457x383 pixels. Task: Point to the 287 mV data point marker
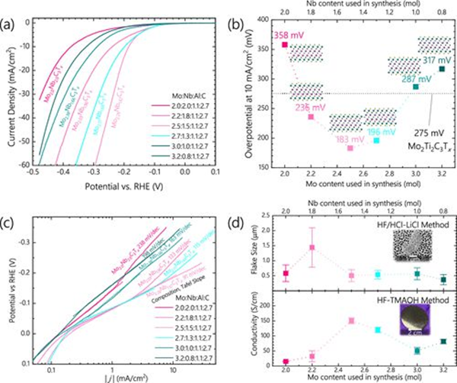(416, 87)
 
